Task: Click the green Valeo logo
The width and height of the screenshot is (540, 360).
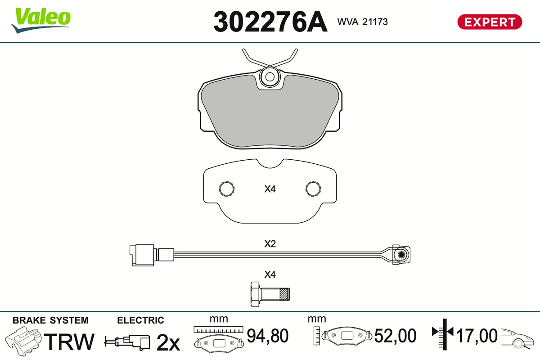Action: (x=41, y=20)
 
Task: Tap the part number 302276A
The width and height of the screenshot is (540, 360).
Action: (x=270, y=22)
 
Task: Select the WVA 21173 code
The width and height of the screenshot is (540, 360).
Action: (x=362, y=22)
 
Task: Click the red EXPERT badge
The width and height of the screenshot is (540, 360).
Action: (x=490, y=22)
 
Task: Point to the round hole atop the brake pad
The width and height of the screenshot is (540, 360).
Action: (x=270, y=77)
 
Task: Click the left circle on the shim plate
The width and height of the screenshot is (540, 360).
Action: (x=227, y=189)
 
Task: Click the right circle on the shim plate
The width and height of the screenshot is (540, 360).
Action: (x=313, y=189)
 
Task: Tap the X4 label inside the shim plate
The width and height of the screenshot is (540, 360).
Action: (x=270, y=189)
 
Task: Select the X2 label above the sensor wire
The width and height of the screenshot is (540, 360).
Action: (x=270, y=244)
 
